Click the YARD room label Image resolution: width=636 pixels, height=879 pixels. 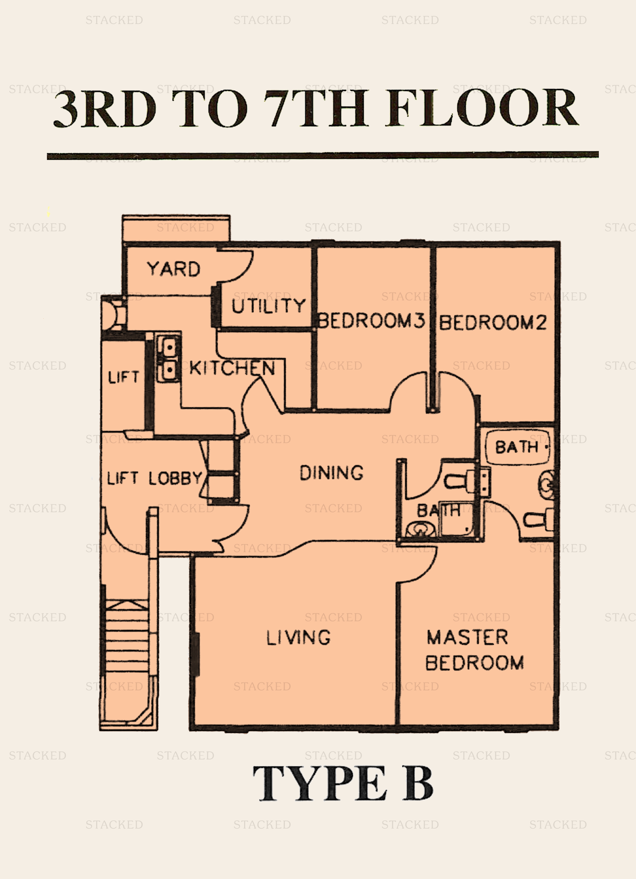coord(174,269)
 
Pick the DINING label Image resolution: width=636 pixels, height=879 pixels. coord(332,473)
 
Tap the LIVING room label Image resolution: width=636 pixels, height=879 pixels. coord(298,637)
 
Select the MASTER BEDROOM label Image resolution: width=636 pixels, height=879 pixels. coord(474,650)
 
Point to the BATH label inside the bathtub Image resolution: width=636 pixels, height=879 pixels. coord(517,447)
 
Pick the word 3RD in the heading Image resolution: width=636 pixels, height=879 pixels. coord(105,109)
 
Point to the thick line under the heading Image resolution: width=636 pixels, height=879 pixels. coord(323,156)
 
